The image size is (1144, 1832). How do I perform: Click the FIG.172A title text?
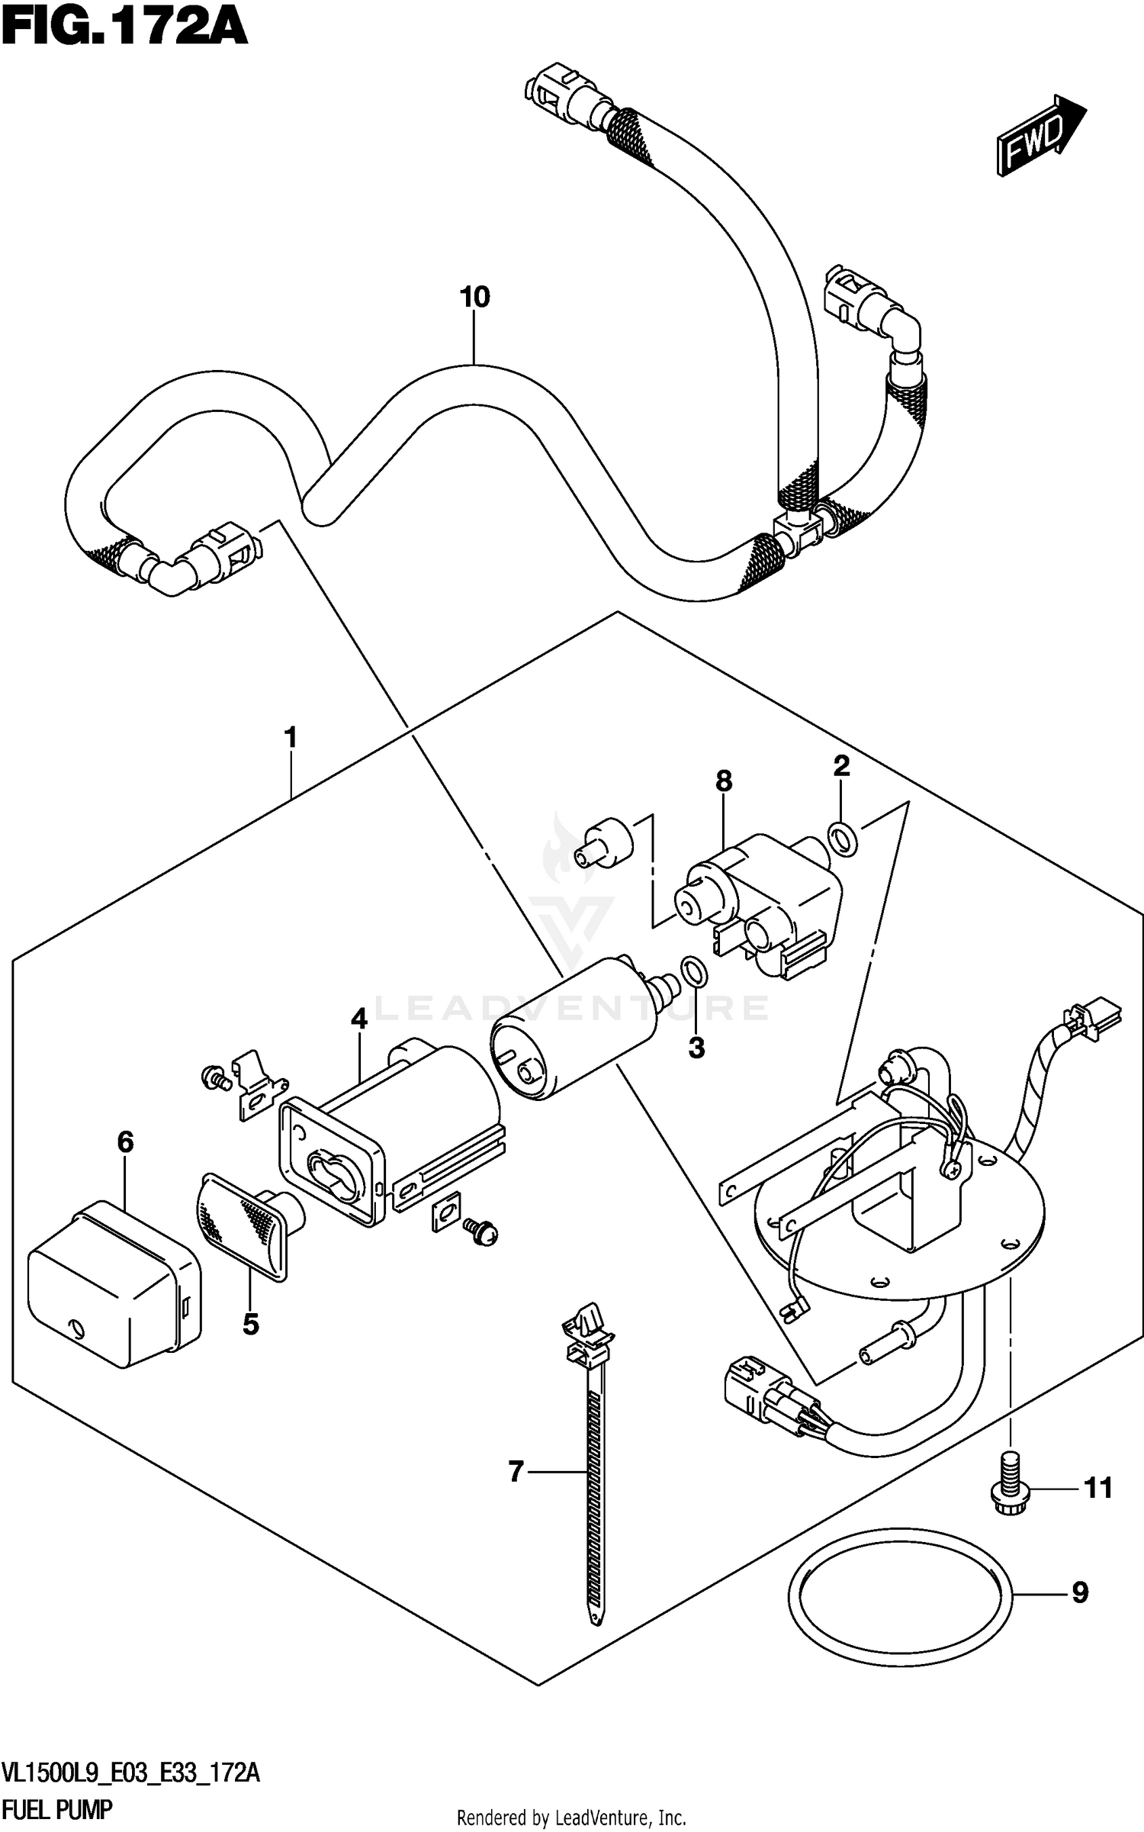pyautogui.click(x=124, y=28)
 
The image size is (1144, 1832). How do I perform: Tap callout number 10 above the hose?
pyautogui.click(x=474, y=297)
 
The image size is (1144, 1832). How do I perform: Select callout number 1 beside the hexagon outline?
pyautogui.click(x=290, y=739)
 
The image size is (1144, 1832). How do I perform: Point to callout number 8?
pyautogui.click(x=723, y=781)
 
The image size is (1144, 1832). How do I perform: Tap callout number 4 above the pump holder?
pyautogui.click(x=359, y=1019)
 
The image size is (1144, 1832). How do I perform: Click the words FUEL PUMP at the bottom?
pyautogui.click(x=58, y=1809)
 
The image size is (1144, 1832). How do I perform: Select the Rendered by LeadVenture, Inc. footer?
pyautogui.click(x=571, y=1818)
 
